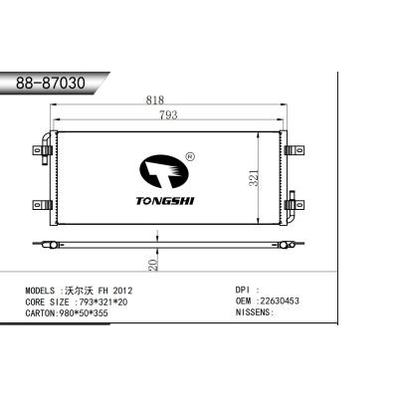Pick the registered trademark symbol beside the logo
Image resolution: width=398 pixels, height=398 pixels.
point(190,155)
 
